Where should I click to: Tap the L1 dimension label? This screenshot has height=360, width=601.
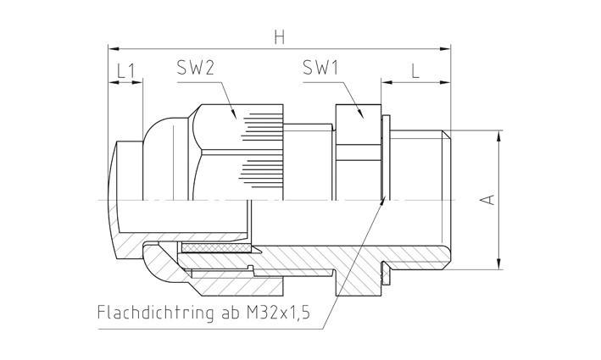tap(126, 71)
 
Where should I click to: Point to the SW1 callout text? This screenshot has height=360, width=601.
tap(320, 69)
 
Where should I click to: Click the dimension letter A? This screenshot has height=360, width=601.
tap(487, 199)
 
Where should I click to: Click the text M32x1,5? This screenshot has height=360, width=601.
tap(279, 313)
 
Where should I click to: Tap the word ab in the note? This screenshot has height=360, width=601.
tap(233, 313)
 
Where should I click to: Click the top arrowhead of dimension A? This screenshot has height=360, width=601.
tap(502, 134)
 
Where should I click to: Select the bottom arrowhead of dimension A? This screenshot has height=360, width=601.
tap(502, 264)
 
